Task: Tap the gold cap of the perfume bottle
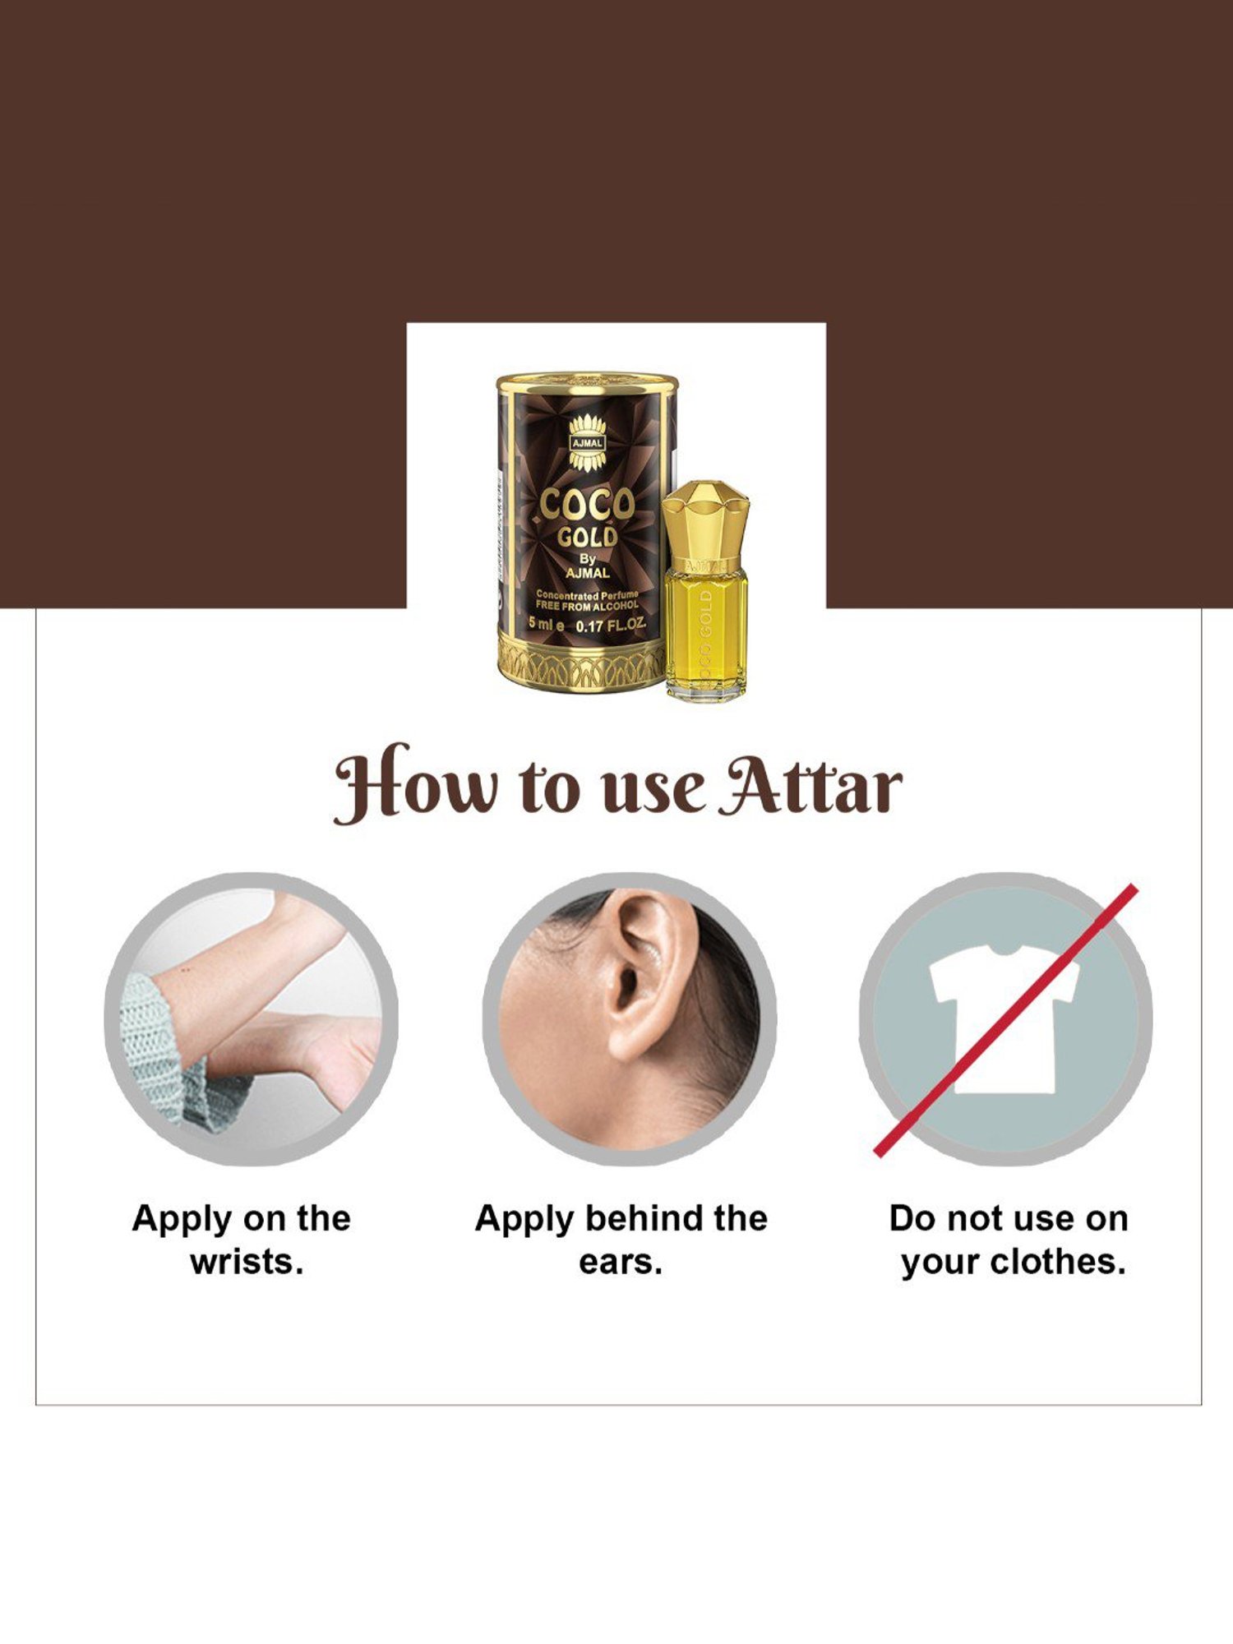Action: coord(705,517)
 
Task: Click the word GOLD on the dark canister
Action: coord(587,538)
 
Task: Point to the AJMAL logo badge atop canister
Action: coord(587,442)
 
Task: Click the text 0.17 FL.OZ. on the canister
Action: coord(610,626)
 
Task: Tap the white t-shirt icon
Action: coord(1004,1018)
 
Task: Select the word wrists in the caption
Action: coord(247,1262)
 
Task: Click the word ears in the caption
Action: coord(620,1262)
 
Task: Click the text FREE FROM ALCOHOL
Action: coord(587,606)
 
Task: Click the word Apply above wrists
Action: coord(182,1218)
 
